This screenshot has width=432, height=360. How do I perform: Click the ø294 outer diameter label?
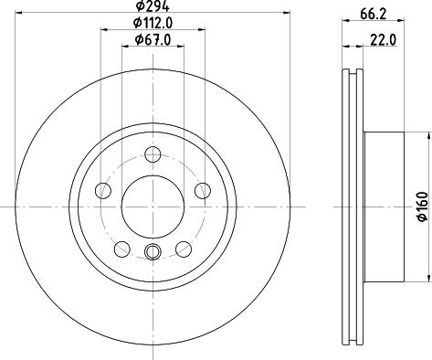pos(151,8)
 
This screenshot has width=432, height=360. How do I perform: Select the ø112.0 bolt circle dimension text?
pos(151,24)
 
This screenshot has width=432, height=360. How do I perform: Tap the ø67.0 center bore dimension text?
pos(151,39)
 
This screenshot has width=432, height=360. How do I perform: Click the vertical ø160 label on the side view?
pos(421,206)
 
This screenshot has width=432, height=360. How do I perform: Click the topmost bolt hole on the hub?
pos(152,154)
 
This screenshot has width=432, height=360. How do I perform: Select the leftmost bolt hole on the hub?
pos(103,191)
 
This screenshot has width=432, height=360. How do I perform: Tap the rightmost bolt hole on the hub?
pos(199,191)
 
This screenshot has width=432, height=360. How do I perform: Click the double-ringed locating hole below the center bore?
pos(152,252)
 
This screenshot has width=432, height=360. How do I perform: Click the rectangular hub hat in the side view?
pos(385,206)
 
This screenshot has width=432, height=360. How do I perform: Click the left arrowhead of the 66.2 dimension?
pos(345,26)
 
